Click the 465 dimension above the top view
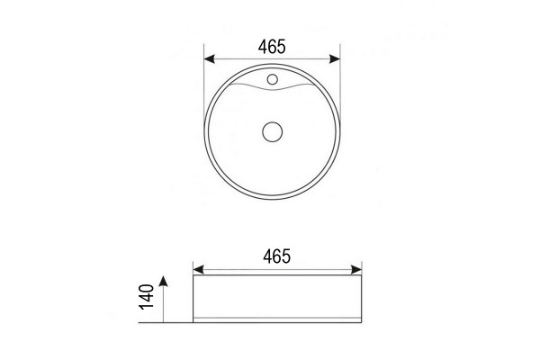point(272,47)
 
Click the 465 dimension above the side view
point(277,256)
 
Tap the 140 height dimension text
point(147,297)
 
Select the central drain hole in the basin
point(273,131)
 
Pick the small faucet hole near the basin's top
point(273,79)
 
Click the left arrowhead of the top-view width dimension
point(210,58)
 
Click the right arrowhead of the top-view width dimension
point(335,58)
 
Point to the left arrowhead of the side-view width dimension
point(199,269)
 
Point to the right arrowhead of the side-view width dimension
point(356,269)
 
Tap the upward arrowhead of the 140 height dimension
point(163,281)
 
